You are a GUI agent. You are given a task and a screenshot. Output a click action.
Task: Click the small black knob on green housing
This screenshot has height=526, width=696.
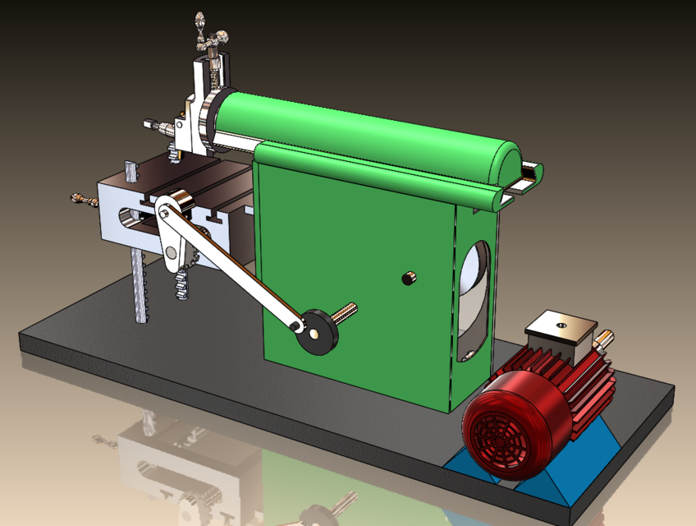(407, 279)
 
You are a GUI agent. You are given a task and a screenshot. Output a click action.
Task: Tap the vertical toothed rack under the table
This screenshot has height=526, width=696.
(140, 288)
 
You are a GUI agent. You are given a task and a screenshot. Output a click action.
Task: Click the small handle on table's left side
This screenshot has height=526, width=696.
(81, 200)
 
